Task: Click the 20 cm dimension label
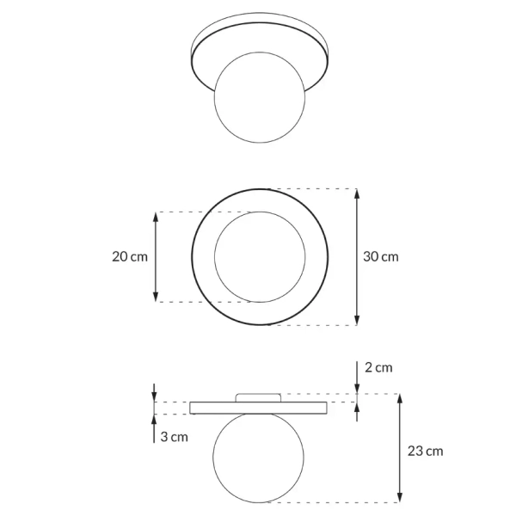(x=130, y=256)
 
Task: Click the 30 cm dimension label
(x=381, y=256)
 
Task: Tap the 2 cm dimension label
(x=378, y=367)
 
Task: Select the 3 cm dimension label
(x=174, y=437)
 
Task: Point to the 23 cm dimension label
(x=427, y=451)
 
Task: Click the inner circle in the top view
(x=257, y=257)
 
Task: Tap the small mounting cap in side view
(x=258, y=396)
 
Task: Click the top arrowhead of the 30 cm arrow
(x=358, y=193)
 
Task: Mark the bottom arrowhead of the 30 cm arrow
(x=358, y=320)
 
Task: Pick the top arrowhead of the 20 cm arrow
(x=156, y=217)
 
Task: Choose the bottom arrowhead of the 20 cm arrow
(x=156, y=297)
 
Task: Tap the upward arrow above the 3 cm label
(x=155, y=421)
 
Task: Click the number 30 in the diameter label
(x=372, y=256)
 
